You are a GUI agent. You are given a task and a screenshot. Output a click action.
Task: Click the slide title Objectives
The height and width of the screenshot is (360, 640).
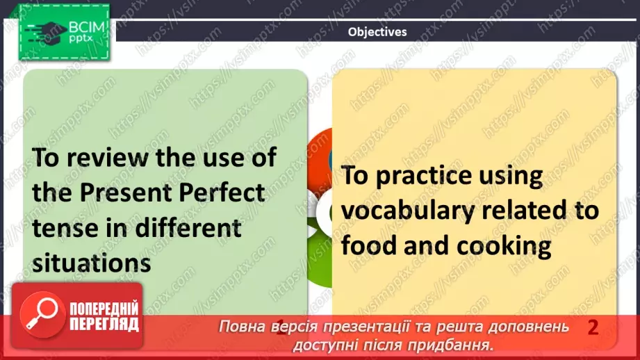click(377, 32)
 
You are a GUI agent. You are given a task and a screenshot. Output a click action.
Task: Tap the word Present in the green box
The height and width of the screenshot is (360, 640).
click(124, 193)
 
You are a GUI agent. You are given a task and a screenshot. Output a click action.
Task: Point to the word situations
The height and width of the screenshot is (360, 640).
click(92, 263)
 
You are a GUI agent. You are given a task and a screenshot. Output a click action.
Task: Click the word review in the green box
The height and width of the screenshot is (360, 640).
click(107, 157)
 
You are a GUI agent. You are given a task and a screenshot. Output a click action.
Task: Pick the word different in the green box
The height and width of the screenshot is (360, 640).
click(188, 228)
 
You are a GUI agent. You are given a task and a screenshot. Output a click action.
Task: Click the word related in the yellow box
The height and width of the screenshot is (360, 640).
click(523, 210)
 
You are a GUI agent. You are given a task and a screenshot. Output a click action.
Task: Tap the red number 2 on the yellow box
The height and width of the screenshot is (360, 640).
click(593, 327)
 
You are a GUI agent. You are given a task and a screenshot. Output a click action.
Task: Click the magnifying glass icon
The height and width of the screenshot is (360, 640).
click(42, 314)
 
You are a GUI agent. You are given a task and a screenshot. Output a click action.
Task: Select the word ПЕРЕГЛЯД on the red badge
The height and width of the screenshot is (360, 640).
click(104, 325)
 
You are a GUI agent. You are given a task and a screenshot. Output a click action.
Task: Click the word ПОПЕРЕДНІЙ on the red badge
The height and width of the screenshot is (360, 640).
click(104, 309)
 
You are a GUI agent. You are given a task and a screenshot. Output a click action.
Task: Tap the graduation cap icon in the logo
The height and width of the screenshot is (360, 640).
click(46, 32)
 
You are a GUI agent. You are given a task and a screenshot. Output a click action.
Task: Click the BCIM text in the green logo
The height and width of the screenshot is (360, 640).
click(86, 27)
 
